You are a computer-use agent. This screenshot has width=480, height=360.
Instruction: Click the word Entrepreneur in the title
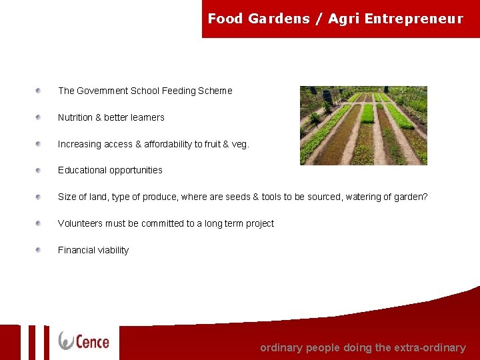point(413,19)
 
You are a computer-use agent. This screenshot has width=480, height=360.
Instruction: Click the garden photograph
point(363,125)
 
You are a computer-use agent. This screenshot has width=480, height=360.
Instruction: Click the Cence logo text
point(93,341)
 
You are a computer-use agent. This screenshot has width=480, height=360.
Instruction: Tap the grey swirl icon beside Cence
point(66,341)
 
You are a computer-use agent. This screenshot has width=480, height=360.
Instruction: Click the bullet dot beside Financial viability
point(39,249)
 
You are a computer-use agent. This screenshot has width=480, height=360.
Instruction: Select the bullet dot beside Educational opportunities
point(39,169)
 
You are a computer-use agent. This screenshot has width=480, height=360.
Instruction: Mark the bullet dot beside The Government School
point(39,90)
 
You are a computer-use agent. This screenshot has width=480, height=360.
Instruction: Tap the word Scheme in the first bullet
point(215,91)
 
